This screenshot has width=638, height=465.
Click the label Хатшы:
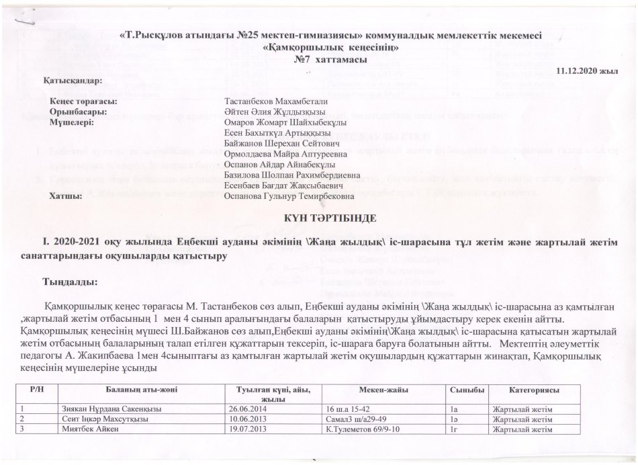click(66, 196)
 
